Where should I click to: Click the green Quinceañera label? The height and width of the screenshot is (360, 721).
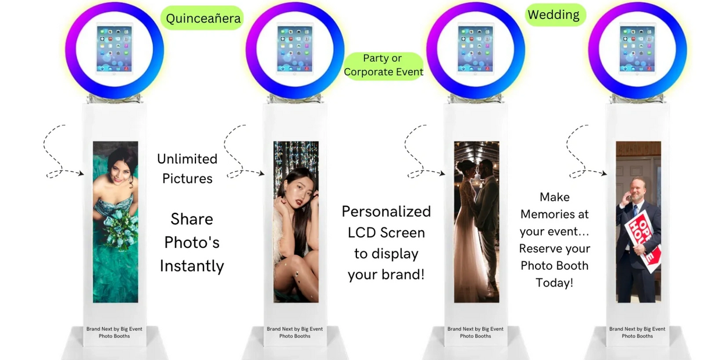tap(202, 18)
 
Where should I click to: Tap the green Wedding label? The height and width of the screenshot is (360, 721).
tap(555, 15)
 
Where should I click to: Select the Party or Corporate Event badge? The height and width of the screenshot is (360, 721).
tap(383, 65)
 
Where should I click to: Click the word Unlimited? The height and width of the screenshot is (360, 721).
tap(187, 159)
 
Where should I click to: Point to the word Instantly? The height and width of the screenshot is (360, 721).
tap(192, 266)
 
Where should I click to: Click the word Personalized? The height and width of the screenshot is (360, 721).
tap(386, 212)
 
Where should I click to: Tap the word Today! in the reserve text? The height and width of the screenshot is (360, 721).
tap(554, 283)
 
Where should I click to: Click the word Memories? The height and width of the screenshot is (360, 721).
tap(554, 215)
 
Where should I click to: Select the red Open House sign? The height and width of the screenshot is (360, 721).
tap(643, 240)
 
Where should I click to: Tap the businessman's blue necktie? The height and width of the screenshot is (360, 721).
tap(635, 212)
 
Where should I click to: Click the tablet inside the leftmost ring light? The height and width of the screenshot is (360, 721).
tap(115, 49)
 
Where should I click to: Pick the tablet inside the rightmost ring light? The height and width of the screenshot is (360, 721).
tap(637, 49)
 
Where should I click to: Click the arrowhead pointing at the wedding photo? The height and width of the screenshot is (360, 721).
tap(442, 173)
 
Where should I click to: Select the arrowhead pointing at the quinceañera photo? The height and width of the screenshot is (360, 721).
tap(81, 173)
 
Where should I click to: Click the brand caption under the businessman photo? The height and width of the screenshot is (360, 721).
tap(637, 332)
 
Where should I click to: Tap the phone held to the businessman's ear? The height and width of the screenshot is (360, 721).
tap(627, 196)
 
